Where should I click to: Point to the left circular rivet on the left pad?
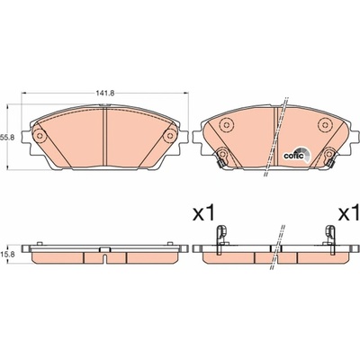click(x=39, y=136)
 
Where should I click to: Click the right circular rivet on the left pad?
click(x=170, y=136)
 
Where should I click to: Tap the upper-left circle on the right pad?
click(x=226, y=124)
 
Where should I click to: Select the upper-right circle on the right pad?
click(x=325, y=124)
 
